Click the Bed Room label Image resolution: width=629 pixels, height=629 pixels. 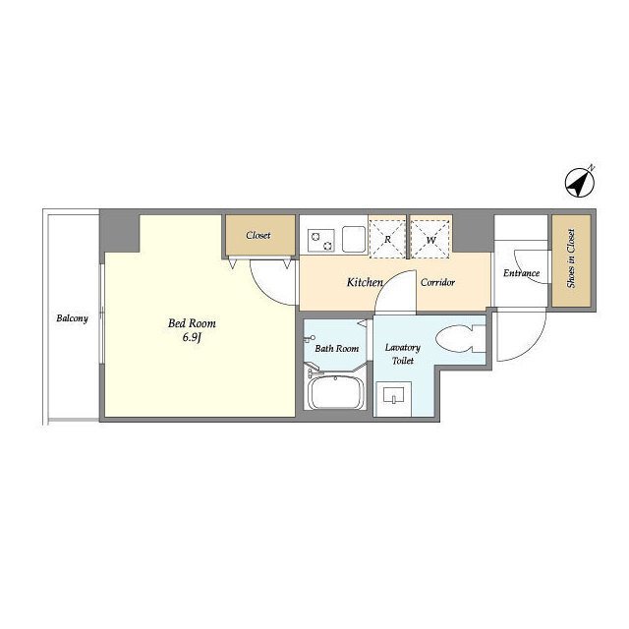(x=192, y=323)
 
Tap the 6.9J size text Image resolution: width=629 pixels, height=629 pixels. (x=192, y=337)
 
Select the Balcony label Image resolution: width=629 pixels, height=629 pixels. (x=72, y=318)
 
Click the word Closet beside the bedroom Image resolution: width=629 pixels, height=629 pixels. (x=258, y=235)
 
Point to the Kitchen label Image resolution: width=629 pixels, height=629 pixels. (x=365, y=282)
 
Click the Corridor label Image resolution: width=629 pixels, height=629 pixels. (x=437, y=282)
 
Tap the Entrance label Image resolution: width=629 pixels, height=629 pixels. (x=521, y=273)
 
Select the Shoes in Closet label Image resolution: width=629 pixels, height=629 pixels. (x=571, y=258)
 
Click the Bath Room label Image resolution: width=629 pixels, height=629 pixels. (x=337, y=349)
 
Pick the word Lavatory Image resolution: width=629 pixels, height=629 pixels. (x=403, y=348)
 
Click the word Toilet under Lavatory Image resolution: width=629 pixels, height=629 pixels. (x=403, y=361)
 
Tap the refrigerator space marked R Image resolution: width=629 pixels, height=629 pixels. (x=387, y=239)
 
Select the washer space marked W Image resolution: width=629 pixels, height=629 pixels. (x=430, y=239)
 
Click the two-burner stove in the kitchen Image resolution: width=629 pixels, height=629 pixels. (x=321, y=240)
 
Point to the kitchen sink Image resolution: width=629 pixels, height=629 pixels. (x=354, y=239)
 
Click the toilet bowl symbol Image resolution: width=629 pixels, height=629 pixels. (x=460, y=338)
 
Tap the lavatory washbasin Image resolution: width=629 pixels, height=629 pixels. (x=393, y=398)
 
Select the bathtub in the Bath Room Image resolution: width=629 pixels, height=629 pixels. (x=336, y=393)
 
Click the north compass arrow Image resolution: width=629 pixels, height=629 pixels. (x=580, y=182)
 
